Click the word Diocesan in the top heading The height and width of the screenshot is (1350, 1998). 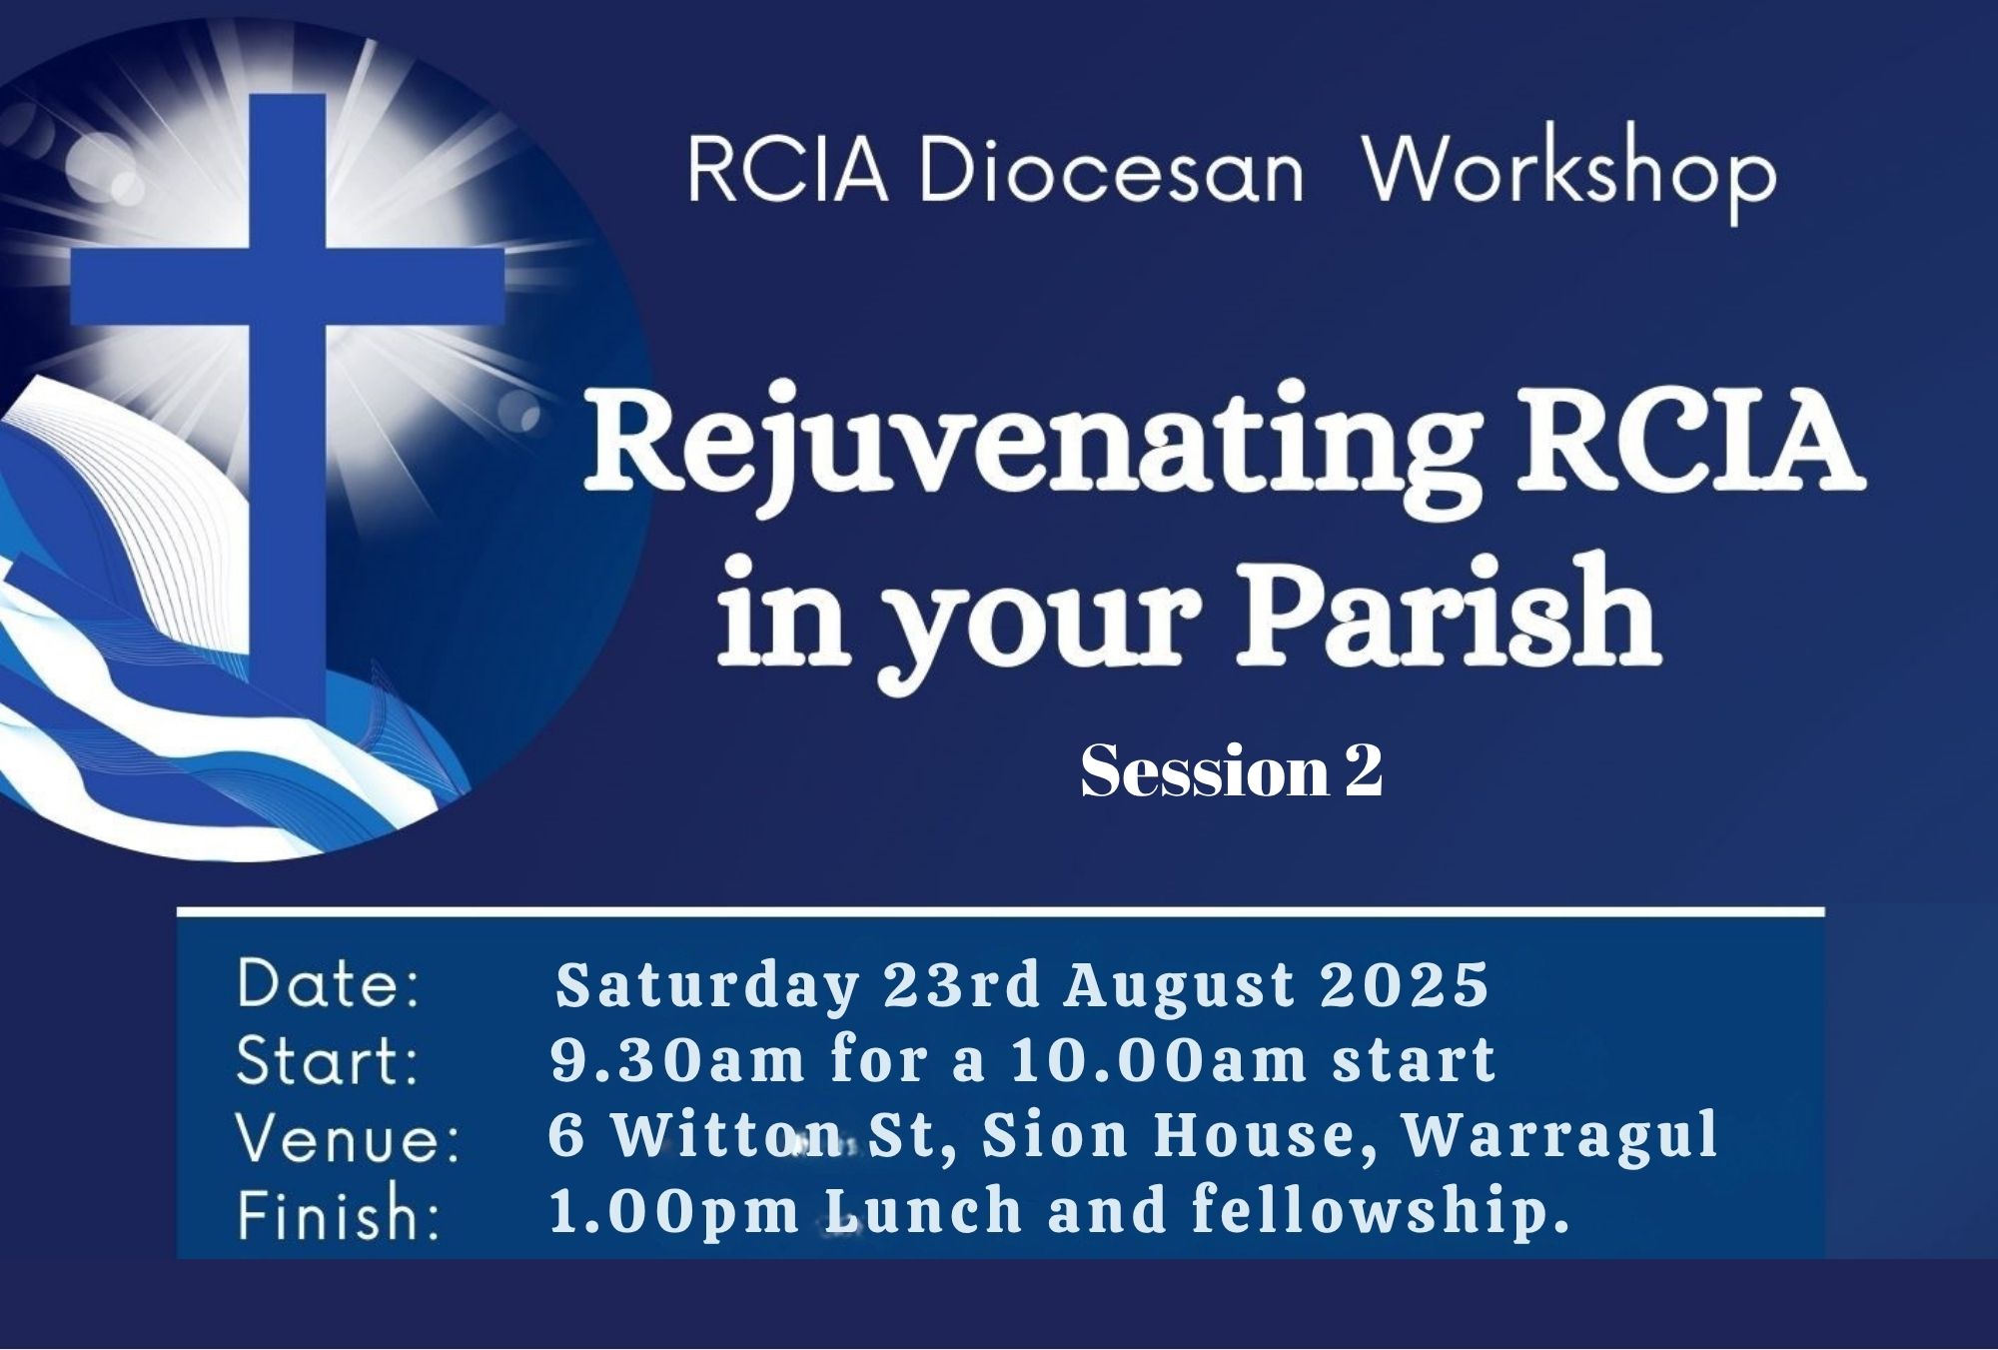[1111, 172]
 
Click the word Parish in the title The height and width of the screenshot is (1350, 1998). [1449, 612]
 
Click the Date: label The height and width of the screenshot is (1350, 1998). [329, 984]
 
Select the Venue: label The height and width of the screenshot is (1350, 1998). [348, 1137]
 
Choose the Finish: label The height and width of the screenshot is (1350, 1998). [339, 1213]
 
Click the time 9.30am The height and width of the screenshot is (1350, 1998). [677, 1060]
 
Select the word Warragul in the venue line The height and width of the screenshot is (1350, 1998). [1560, 1136]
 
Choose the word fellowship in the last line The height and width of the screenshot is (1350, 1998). [1370, 1212]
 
